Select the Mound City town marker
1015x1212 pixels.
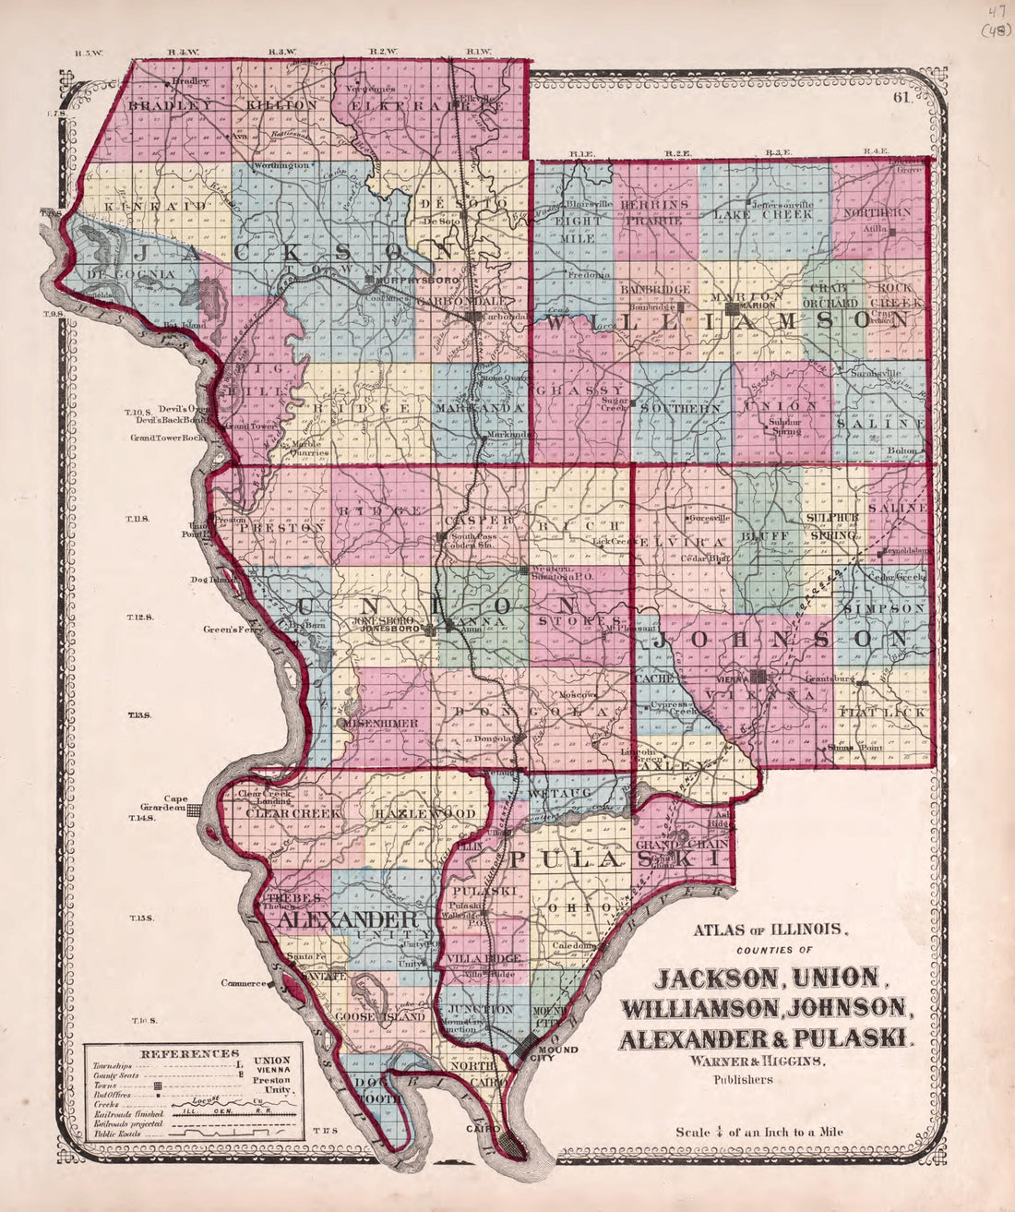coord(527,1048)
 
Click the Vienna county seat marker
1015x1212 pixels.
coord(758,678)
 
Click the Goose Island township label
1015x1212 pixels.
coord(380,1016)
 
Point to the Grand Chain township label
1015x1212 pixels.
coord(683,844)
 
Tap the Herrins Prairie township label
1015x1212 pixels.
coord(654,211)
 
